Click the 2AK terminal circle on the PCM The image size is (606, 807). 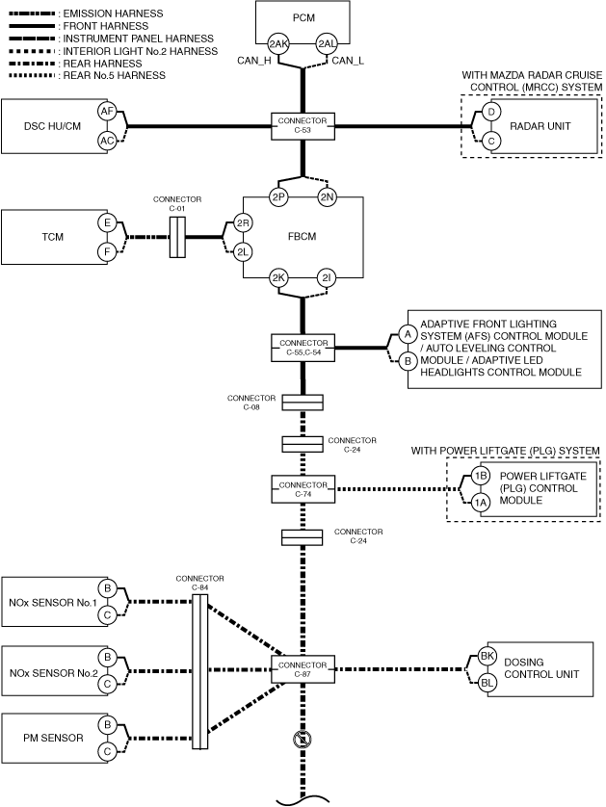278,43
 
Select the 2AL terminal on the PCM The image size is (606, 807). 327,43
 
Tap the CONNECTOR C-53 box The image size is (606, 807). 303,125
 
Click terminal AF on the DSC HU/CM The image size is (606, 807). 107,111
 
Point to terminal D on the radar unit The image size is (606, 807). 491,112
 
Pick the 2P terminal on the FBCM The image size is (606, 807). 278,196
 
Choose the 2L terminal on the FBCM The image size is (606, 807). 243,251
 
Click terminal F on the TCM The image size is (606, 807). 107,251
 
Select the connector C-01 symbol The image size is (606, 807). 177,237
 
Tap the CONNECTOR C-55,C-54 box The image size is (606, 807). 303,348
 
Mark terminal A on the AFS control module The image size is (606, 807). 408,334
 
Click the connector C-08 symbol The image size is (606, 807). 303,403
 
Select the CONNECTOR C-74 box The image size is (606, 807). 303,489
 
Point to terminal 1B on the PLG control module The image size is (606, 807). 481,476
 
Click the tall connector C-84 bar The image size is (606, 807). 199,671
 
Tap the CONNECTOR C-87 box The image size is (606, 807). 303,669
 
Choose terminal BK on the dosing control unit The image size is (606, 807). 487,656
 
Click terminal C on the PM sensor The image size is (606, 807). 107,751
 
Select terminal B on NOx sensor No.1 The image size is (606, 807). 107,587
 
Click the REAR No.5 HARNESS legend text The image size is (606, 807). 115,76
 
